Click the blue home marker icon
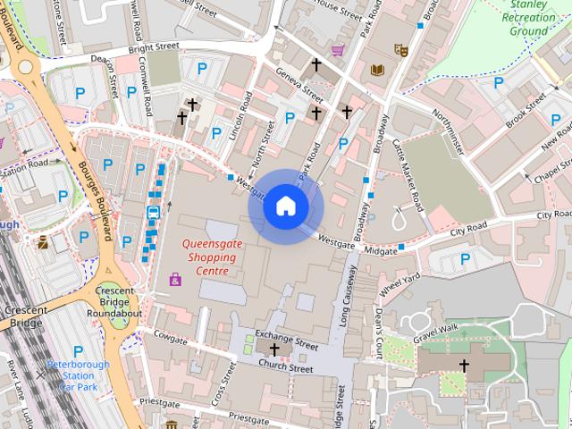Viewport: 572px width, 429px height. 285,206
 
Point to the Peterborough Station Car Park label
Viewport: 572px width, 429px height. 80,375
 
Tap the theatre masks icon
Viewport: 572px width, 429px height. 400,51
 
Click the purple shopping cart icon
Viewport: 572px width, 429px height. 338,51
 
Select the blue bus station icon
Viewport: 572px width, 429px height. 153,213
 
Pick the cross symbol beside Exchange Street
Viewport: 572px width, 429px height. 273,349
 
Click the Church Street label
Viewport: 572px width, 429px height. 285,367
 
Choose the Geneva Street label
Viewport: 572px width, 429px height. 299,82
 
